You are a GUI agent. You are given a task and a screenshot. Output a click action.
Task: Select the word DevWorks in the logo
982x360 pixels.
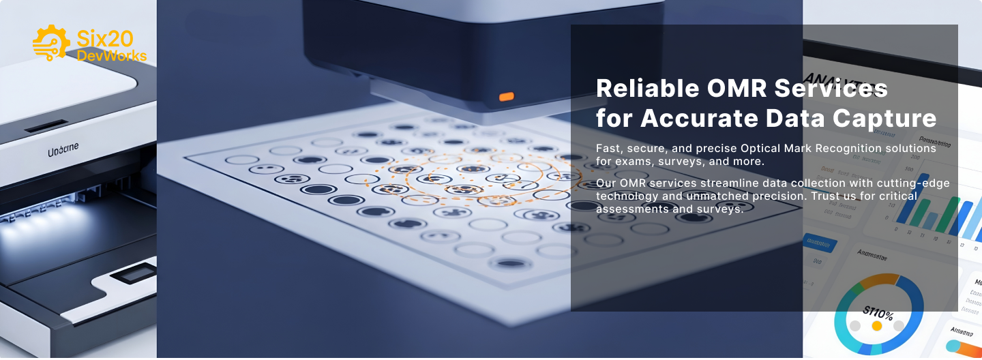[111, 56]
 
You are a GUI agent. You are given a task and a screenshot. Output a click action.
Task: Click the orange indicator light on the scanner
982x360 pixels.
[506, 97]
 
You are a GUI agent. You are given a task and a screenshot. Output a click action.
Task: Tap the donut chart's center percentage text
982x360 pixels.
[878, 314]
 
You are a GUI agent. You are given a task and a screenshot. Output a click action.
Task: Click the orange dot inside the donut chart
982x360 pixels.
[877, 326]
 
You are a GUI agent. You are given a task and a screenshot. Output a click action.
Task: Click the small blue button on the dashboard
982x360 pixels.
[818, 242]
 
